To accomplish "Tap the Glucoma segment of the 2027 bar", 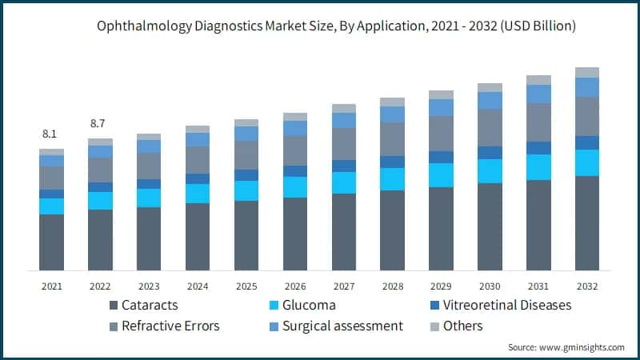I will point(344,182).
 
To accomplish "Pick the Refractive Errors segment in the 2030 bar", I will point(490,127).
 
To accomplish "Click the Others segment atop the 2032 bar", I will point(587,72).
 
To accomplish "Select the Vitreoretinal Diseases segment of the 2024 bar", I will point(198,178).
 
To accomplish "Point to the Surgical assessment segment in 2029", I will point(441,107).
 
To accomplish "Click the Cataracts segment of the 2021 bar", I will point(51,242).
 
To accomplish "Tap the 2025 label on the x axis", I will point(246,286).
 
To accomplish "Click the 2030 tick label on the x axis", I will point(490,286).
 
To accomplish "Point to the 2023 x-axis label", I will point(149,286).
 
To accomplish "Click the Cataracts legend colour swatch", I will point(114,306).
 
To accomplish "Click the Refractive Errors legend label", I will point(170,326).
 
